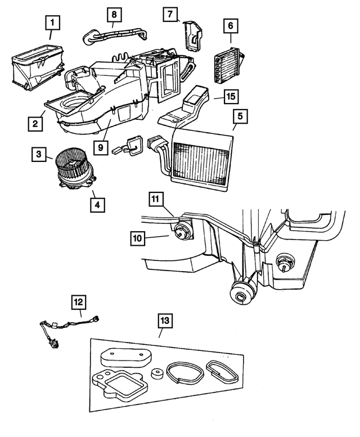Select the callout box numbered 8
[x=114, y=13]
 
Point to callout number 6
[x=230, y=25]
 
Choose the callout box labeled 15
[x=230, y=97]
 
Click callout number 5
[x=240, y=118]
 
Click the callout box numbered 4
[x=97, y=205]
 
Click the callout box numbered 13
[x=164, y=321]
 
